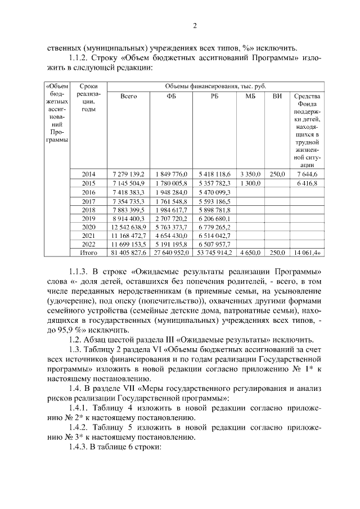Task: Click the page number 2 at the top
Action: coord(194,25)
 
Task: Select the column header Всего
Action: coord(129,96)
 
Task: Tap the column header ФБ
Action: coord(171,96)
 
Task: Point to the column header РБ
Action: coord(214,96)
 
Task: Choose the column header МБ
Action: coord(250,96)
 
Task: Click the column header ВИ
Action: coord(277,96)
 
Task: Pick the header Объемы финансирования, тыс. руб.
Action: coord(215,86)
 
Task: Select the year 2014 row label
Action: coord(89,174)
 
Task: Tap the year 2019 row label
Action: coord(89,218)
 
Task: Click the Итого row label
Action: coord(89,253)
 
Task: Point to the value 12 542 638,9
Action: coord(129,227)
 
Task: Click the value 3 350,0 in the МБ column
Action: coord(250,174)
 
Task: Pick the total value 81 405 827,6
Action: coord(129,253)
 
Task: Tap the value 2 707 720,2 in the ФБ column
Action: coord(172,218)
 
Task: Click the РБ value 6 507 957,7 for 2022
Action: coord(215,245)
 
